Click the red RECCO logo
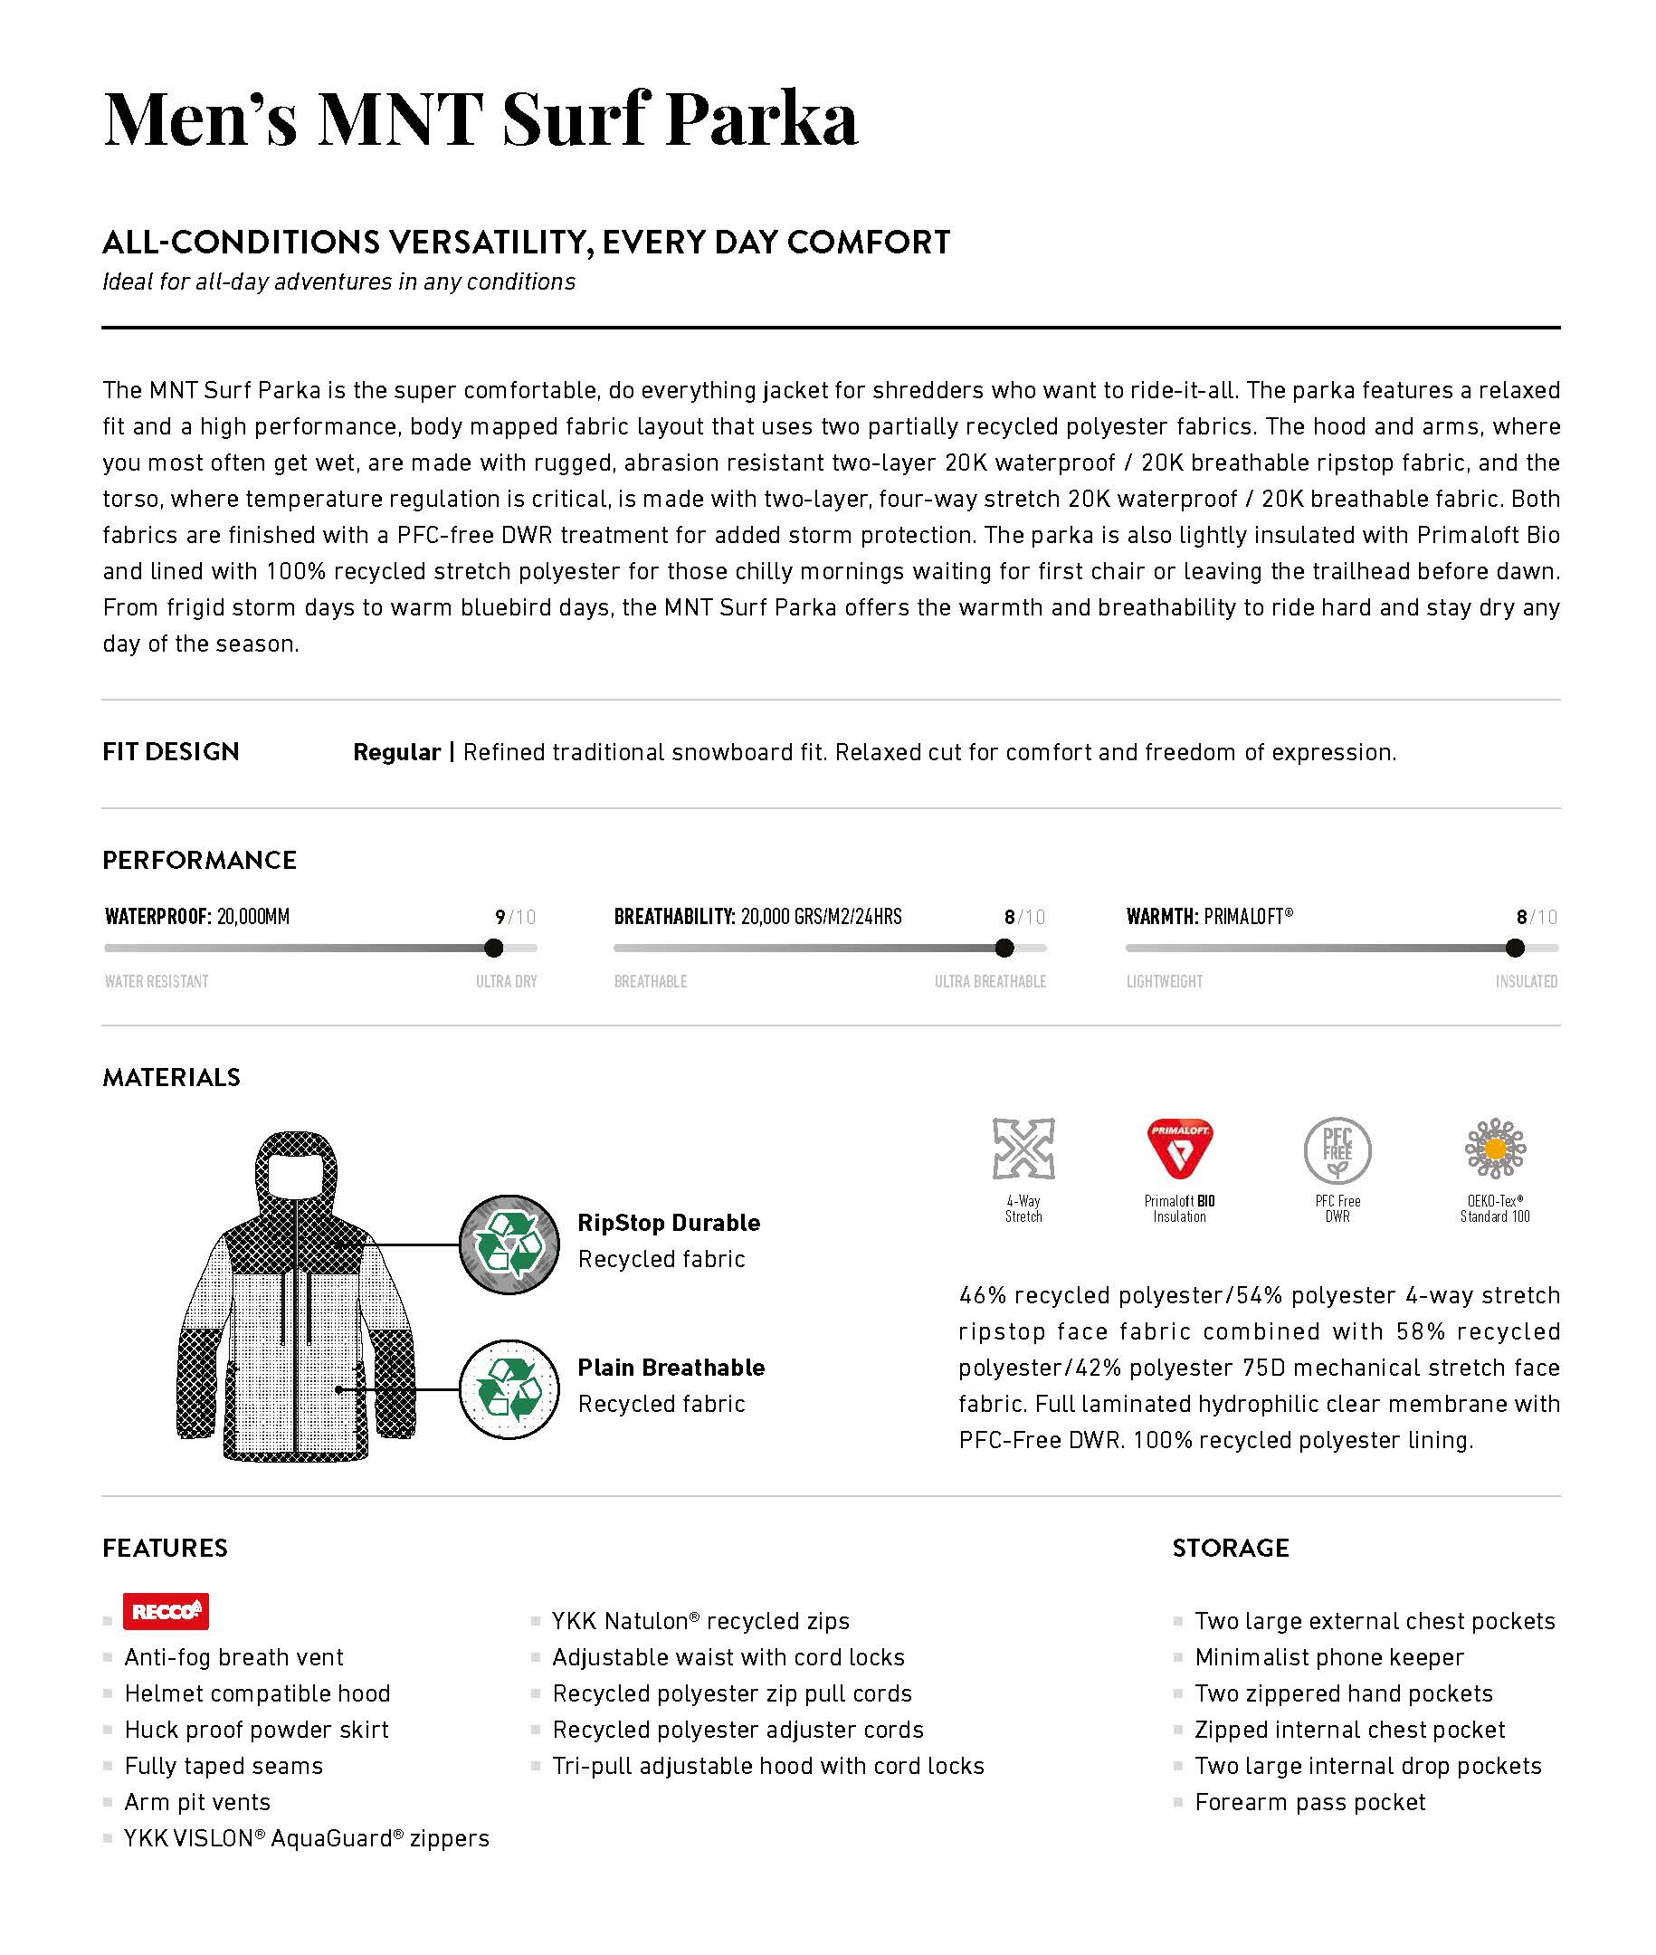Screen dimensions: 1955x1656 pos(166,1611)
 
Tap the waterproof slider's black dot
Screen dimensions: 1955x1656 pos(494,948)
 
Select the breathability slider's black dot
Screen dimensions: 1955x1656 pos(1004,948)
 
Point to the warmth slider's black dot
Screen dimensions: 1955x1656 pos(1515,948)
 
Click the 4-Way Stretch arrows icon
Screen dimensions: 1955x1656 pos(1023,1149)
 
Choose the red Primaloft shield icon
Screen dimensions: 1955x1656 pos(1180,1149)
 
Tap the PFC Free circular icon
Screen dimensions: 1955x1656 pos(1337,1149)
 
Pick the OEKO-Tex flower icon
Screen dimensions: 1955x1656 pos(1496,1149)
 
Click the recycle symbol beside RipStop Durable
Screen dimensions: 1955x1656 pos(509,1245)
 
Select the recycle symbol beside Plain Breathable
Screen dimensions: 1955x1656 pos(509,1388)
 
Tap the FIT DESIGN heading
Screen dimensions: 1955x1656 pos(171,751)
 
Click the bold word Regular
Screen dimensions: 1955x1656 pos(396,752)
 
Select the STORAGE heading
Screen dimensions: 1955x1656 pos(1231,1548)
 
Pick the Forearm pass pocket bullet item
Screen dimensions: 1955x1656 pos(1309,1802)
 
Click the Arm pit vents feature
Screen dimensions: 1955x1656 pos(197,1802)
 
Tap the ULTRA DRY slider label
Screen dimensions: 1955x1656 pos(506,981)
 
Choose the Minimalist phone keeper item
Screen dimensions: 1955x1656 pos(1328,1657)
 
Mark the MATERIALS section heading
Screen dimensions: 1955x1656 pos(172,1077)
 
